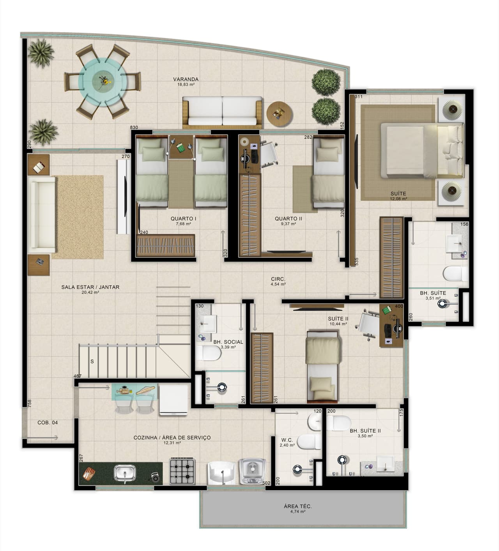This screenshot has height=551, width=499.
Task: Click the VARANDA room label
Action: point(186,80)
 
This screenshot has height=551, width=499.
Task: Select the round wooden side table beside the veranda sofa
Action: point(279,113)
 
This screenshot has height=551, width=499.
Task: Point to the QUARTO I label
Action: point(183,219)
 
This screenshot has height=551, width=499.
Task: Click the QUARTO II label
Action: point(288,219)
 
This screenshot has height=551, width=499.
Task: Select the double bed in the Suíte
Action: point(413,150)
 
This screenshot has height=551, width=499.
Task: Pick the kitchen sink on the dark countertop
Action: point(125,473)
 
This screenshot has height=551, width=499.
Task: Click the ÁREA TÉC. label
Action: point(298,507)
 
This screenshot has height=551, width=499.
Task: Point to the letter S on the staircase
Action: point(92,361)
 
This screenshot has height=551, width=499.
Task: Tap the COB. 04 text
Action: point(48,423)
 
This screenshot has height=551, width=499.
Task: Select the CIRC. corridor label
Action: point(278,279)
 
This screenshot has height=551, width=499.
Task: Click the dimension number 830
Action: point(134,128)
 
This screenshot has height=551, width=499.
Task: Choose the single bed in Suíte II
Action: point(322,367)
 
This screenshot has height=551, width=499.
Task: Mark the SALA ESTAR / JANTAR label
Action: point(90,287)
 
